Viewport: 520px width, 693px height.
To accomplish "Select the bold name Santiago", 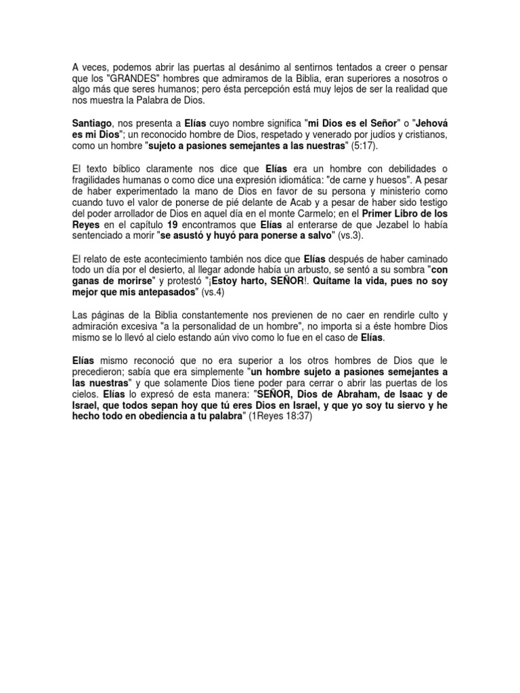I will click(91, 125).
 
